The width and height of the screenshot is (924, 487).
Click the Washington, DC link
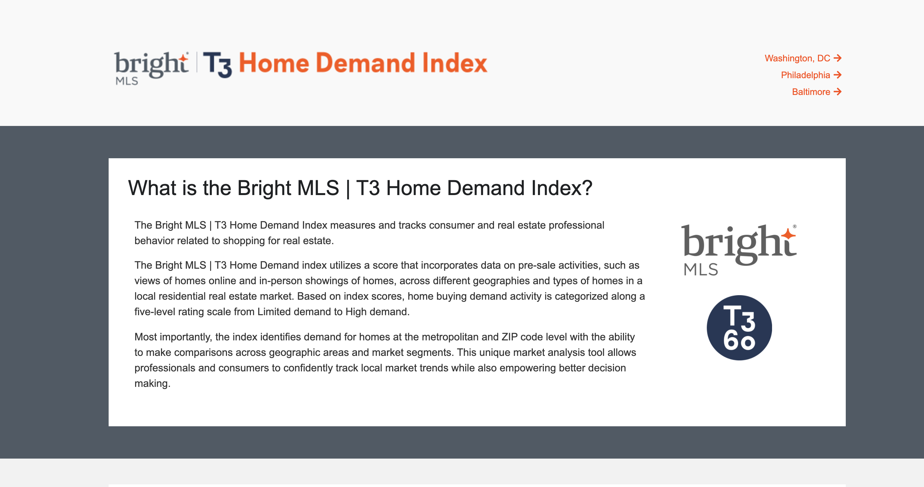803,58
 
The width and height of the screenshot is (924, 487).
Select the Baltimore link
816,92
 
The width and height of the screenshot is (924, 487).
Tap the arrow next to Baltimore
838,92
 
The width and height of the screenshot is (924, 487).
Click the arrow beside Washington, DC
838,58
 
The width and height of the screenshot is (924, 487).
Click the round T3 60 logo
739,327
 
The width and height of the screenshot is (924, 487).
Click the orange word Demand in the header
365,63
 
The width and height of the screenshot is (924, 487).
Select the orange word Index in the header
455,63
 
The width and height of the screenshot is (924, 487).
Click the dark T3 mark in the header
217,65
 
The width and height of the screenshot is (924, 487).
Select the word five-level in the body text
155,312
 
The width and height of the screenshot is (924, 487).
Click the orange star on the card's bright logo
789,234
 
